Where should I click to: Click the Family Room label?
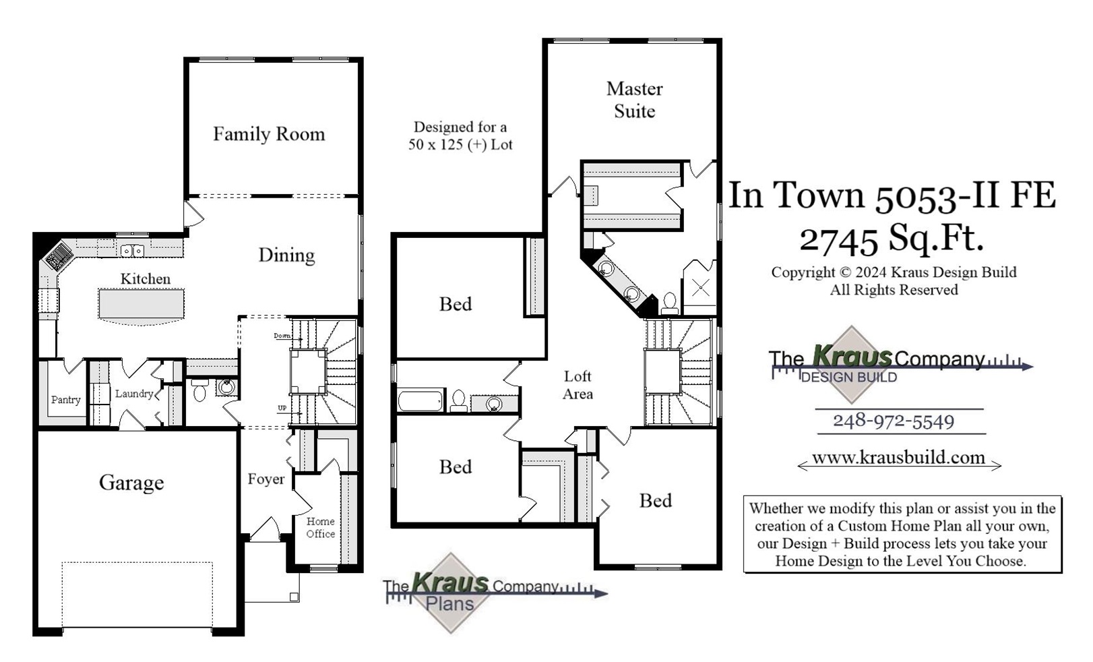coord(268,134)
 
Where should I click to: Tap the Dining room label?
coord(286,255)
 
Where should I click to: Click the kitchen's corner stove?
coord(59,255)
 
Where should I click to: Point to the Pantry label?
coord(65,400)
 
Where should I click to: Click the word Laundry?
coord(133,394)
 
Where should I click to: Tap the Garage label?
coord(131,483)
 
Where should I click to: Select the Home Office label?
coord(320,527)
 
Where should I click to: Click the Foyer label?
coord(266,479)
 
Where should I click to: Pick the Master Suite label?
coord(634,100)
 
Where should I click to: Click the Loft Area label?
coord(577,385)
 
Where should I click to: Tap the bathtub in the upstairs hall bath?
coord(420,400)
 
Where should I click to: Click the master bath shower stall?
coord(701,289)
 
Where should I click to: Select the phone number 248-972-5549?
coord(894,421)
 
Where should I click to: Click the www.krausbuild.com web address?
coord(898,458)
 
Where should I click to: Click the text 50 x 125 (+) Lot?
coord(460,144)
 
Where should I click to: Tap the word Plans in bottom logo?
coord(449,603)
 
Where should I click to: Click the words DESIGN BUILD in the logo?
coord(848,378)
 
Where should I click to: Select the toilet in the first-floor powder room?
coord(199,390)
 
